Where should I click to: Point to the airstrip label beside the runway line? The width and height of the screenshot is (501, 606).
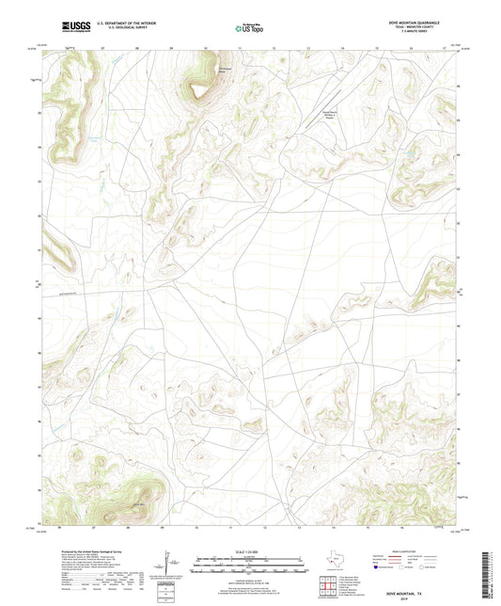(x=326, y=111)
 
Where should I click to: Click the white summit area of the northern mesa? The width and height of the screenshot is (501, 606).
(x=200, y=90)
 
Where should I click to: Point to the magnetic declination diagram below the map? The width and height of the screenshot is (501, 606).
(x=171, y=566)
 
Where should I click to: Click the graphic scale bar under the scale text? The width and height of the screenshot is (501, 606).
(x=250, y=566)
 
